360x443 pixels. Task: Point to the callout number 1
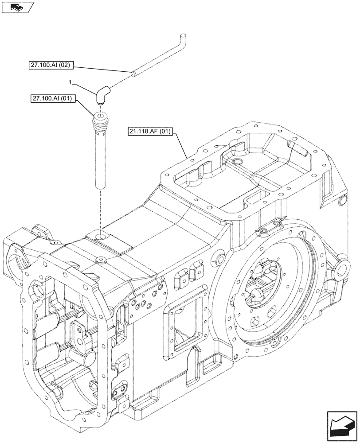tap(70, 82)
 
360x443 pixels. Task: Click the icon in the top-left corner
tap(16, 7)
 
